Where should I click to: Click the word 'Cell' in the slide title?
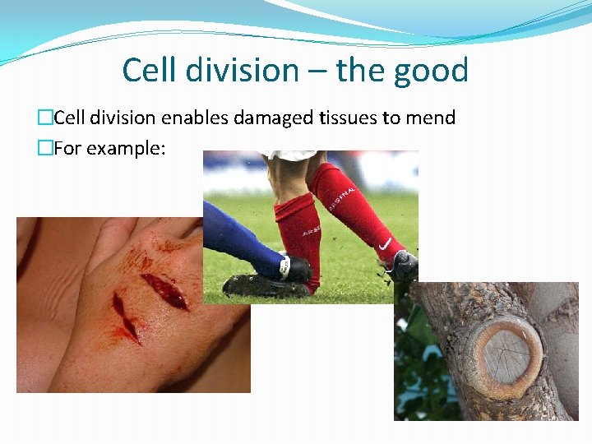(x=149, y=70)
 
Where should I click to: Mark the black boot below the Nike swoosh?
(x=403, y=265)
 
